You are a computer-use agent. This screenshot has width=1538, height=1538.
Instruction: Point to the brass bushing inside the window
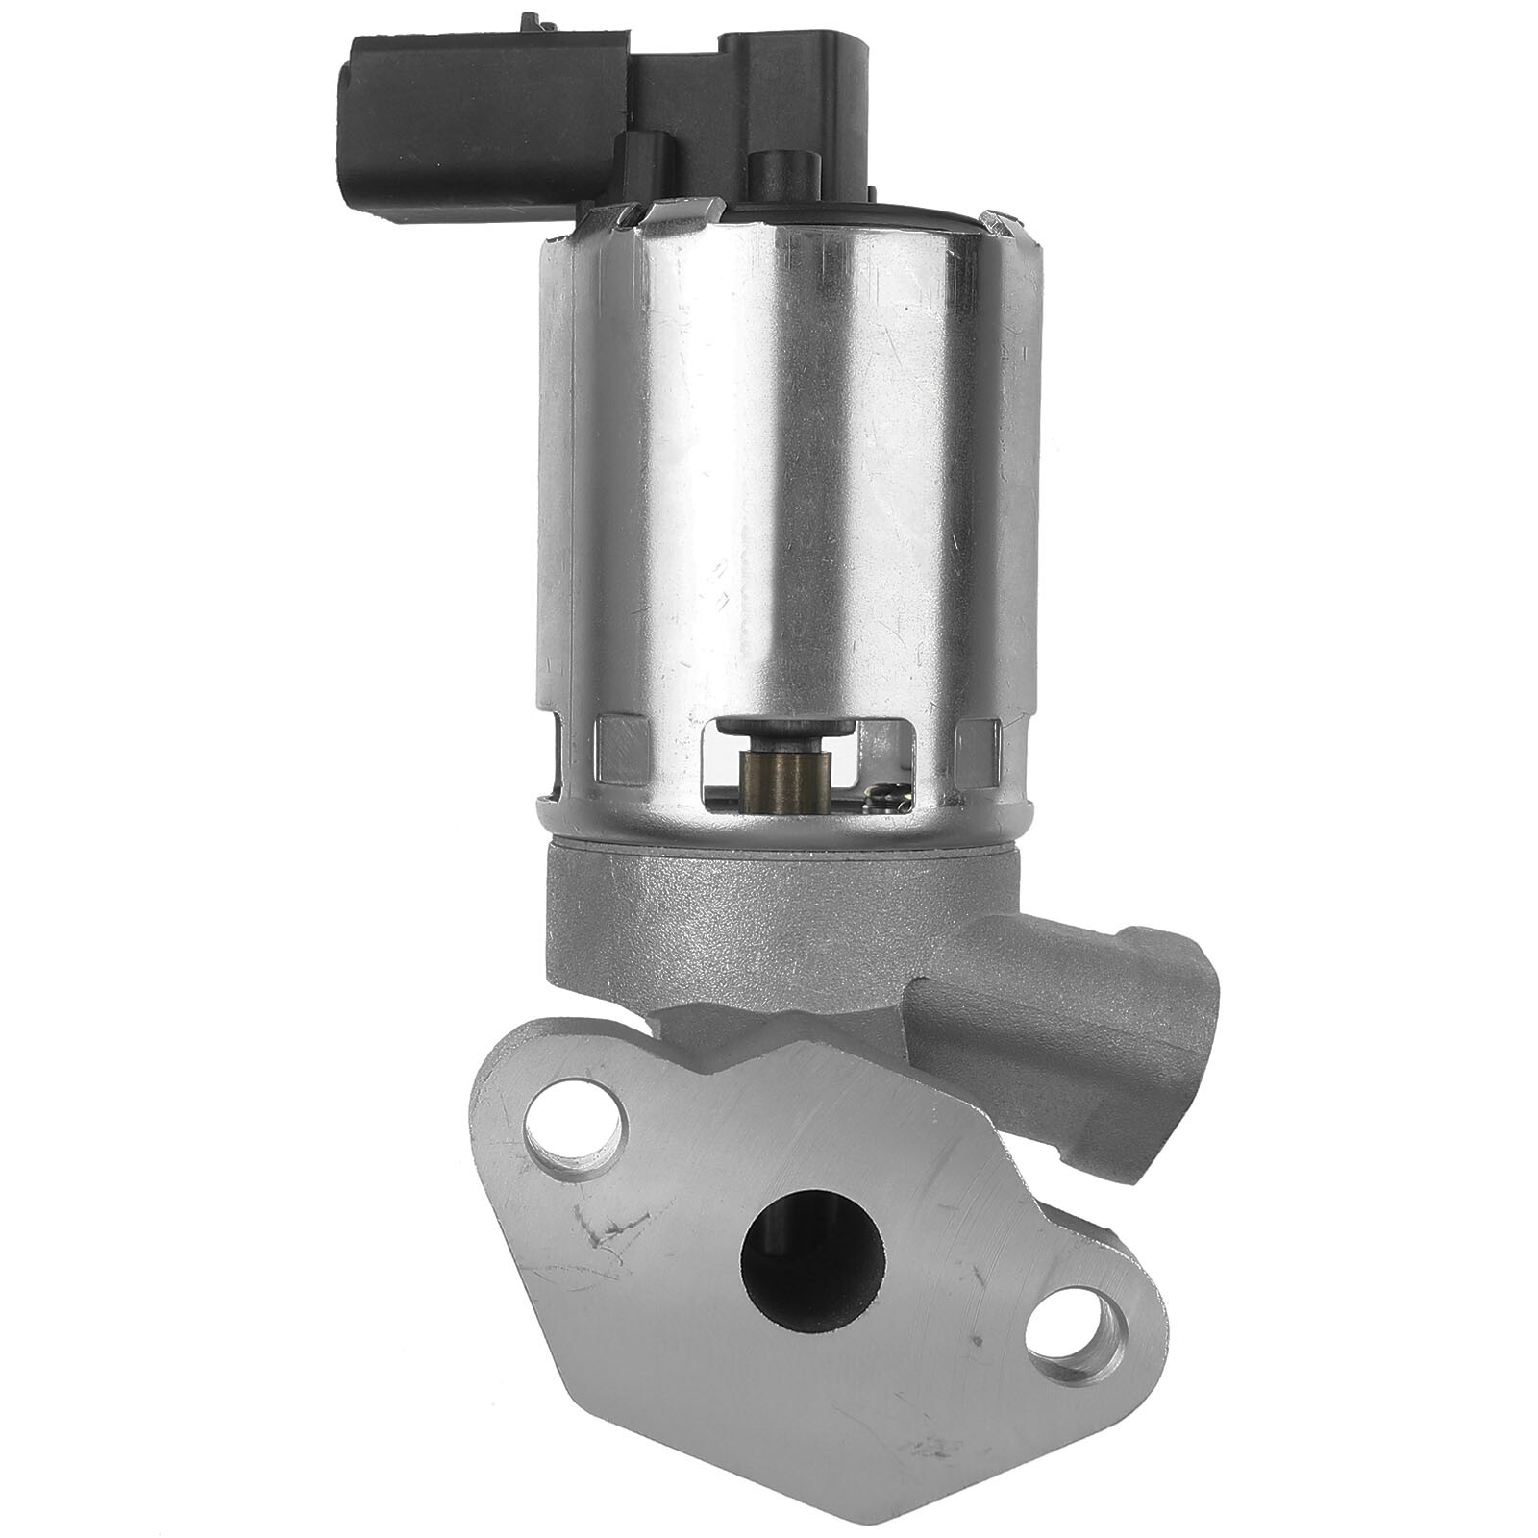[x=784, y=778]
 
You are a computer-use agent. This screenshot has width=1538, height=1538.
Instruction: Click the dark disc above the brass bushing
[x=784, y=728]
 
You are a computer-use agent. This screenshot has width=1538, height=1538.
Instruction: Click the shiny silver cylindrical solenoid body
[x=788, y=481]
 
